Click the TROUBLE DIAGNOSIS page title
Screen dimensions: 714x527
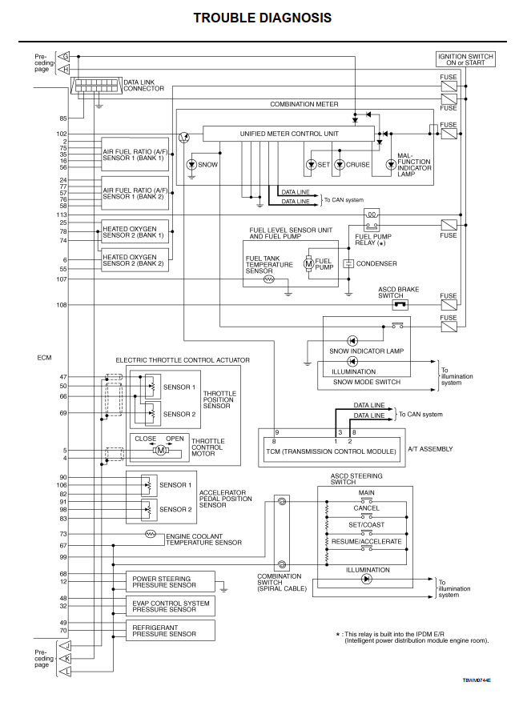263,18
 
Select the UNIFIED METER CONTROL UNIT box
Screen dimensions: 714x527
289,134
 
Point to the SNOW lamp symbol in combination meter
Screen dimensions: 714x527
191,164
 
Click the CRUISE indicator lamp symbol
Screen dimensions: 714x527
340,164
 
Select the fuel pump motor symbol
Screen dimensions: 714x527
308,263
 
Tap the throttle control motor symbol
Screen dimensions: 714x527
160,451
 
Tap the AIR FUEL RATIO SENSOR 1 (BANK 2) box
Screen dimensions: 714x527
135,193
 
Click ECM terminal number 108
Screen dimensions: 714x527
62,305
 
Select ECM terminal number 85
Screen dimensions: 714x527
62,118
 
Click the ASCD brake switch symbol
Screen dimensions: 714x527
399,305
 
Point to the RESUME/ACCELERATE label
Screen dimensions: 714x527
369,542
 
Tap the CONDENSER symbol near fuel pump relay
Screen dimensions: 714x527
348,263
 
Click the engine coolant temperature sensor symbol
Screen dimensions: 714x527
150,533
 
